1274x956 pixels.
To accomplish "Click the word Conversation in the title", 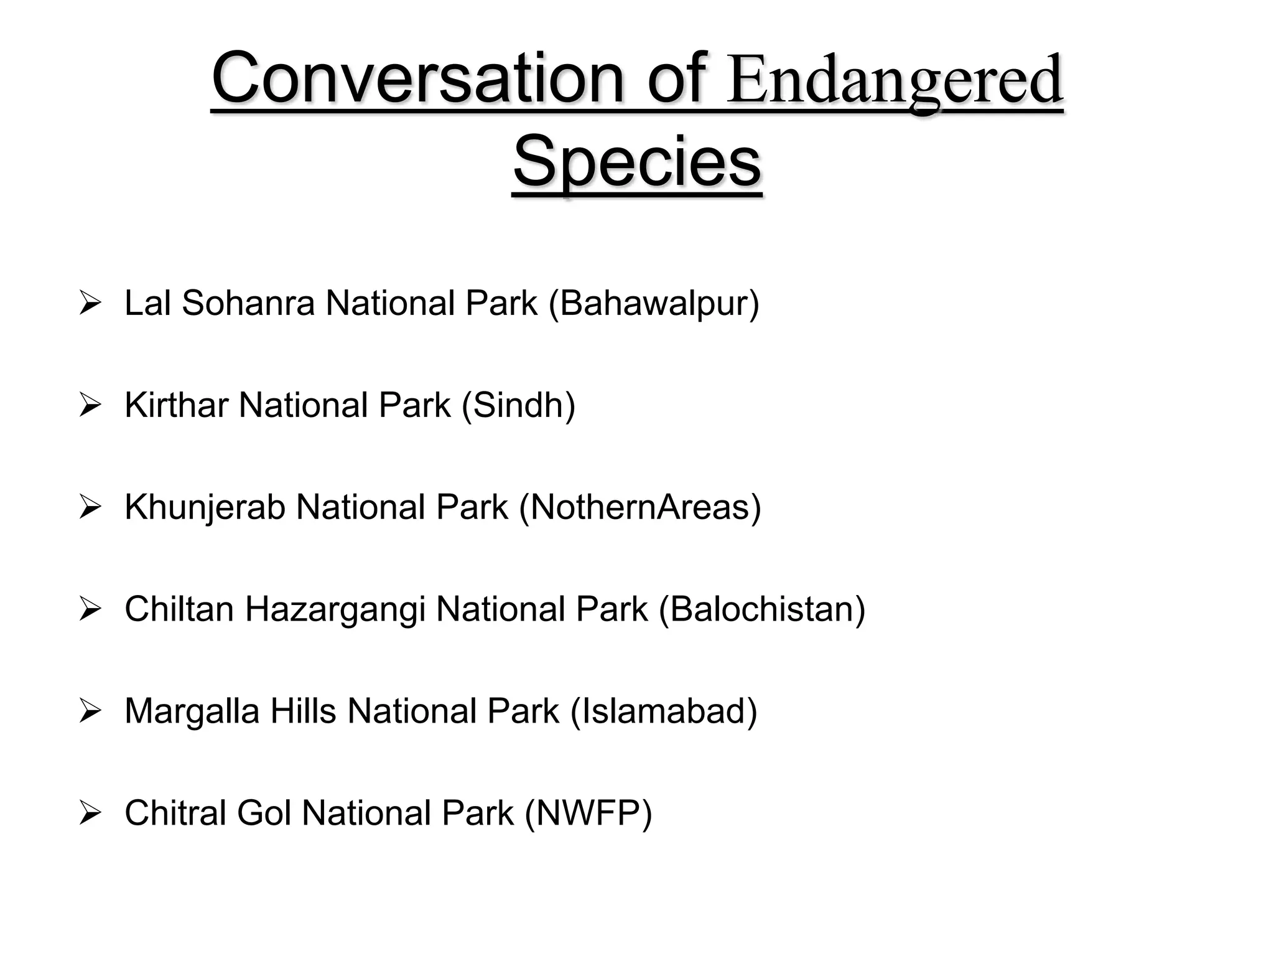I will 417,78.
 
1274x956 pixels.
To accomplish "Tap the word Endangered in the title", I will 895,81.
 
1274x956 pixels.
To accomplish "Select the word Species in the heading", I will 637,162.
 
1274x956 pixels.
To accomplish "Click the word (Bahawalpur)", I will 654,304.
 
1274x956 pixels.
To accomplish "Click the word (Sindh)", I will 518,405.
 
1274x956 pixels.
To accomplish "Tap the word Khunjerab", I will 205,507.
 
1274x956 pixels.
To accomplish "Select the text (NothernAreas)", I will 640,507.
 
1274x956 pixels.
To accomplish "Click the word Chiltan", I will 179,609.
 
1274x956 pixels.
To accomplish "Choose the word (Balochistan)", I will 762,609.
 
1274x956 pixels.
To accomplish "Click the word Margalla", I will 192,711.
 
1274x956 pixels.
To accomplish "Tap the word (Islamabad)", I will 664,711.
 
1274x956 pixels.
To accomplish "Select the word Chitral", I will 175,813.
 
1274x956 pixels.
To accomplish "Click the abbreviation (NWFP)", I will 588,813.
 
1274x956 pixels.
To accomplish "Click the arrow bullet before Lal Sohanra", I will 90,304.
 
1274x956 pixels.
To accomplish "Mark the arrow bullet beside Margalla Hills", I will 90,712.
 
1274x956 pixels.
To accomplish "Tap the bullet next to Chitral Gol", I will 90,813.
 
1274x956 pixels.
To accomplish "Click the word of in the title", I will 676,78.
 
